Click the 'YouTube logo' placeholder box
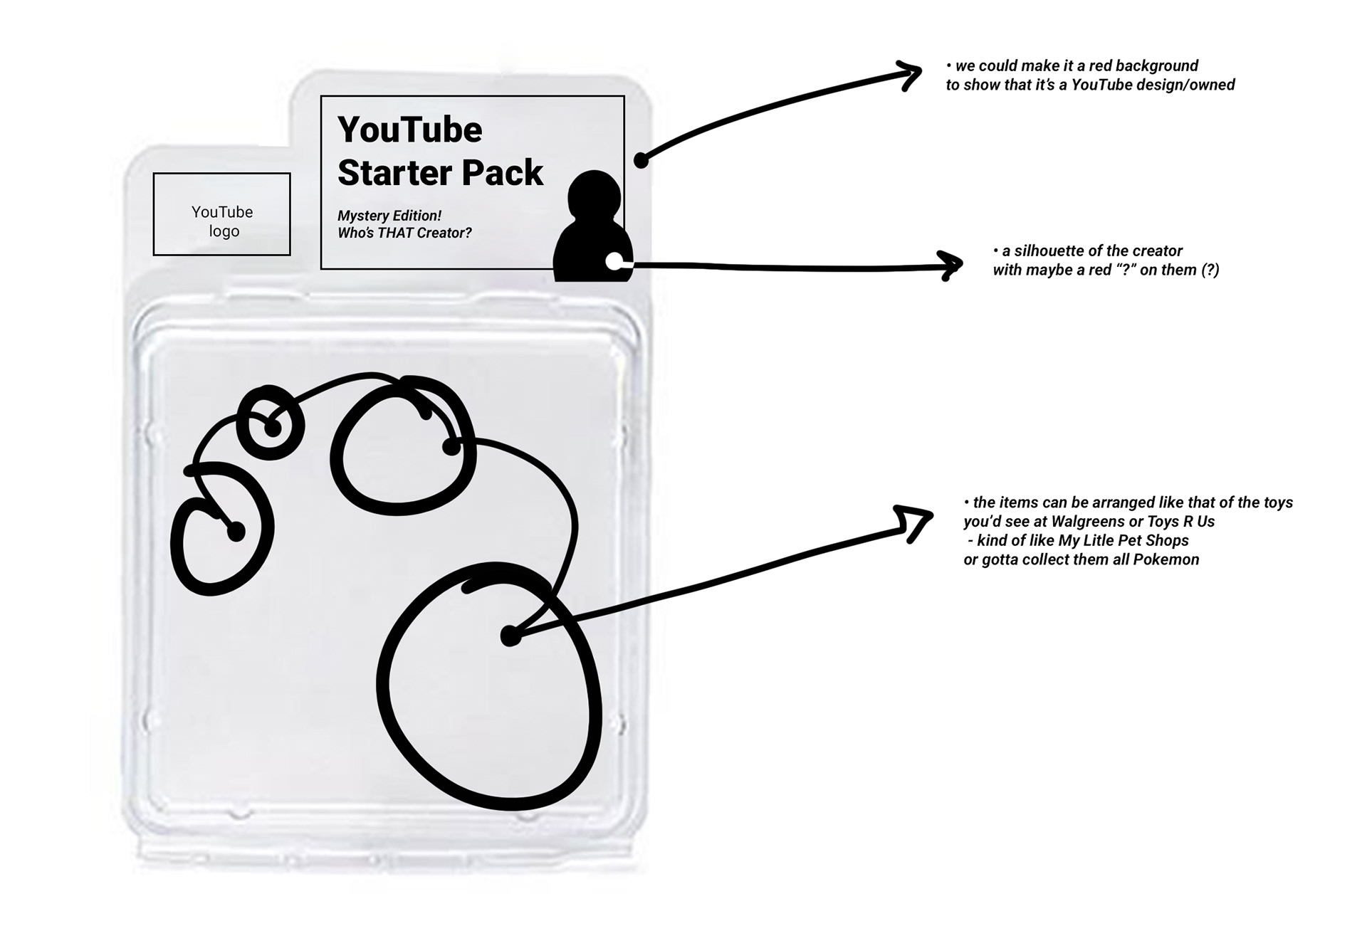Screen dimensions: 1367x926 (221, 214)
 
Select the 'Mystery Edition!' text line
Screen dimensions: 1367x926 (389, 216)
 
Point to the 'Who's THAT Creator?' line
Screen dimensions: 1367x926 (404, 233)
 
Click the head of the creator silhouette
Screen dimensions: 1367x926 (595, 193)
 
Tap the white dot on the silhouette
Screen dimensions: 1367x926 (613, 262)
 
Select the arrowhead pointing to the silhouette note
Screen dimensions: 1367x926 (952, 265)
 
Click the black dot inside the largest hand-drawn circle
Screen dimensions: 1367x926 (510, 636)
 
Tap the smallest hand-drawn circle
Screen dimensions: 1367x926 (270, 423)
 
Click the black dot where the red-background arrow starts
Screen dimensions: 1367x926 (641, 160)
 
